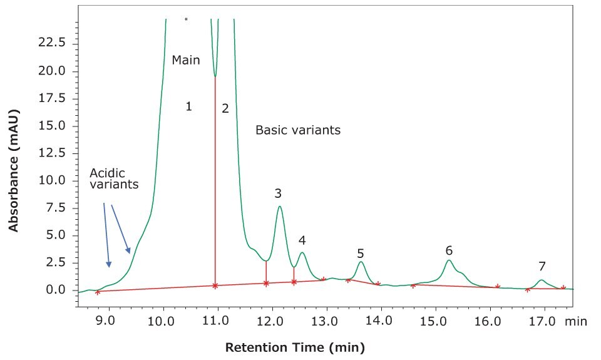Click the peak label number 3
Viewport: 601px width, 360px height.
278,193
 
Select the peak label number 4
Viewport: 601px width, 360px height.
302,240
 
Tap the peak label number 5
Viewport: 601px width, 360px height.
361,253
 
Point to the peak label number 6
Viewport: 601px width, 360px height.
449,250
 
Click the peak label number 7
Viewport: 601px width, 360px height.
542,266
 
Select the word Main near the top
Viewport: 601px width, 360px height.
186,60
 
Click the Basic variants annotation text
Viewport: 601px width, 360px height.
298,130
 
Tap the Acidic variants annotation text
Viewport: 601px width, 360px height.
113,178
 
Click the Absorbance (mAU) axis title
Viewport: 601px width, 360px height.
14,159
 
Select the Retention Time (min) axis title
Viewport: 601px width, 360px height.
294,347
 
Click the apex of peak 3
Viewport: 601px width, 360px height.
280,207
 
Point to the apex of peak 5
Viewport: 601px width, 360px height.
361,262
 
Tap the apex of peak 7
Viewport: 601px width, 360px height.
542,280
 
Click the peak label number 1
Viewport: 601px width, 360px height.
188,107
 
